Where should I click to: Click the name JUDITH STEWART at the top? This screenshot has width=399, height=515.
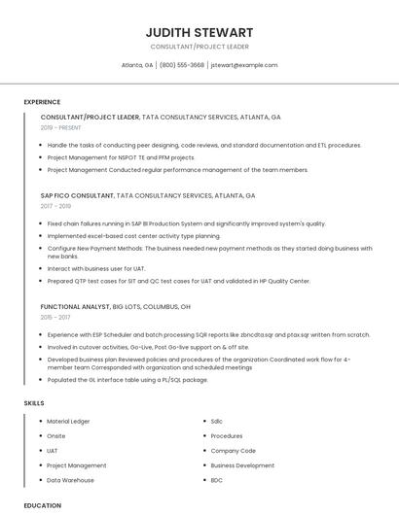coord(199,32)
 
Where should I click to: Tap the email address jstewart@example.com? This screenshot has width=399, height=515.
coord(244,65)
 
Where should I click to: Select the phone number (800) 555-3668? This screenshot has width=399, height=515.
coord(182,65)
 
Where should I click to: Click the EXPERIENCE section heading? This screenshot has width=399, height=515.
coord(42,102)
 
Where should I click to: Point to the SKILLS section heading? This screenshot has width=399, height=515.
coord(34,402)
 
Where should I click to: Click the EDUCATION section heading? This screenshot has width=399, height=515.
coord(43,505)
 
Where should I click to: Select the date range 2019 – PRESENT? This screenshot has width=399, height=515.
coord(61,127)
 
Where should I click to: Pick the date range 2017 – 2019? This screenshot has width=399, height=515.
coord(55,206)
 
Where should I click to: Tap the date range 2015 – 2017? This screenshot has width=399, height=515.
coord(55,317)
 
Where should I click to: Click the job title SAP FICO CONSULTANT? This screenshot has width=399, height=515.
coord(77,195)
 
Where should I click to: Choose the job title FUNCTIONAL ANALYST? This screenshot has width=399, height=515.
coord(75,306)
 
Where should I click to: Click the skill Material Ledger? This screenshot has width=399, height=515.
coord(68,421)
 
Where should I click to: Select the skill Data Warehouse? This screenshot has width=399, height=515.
coord(70,480)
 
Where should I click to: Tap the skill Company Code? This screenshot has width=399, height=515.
coord(233,451)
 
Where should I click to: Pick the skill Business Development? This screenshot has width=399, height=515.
coord(242,465)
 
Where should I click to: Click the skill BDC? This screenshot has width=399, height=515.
coord(216,480)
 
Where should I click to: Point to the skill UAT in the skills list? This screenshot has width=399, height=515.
coord(53,451)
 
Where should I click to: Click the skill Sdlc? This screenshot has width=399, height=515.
coord(216,421)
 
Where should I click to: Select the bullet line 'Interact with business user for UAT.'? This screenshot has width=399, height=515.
coord(96,268)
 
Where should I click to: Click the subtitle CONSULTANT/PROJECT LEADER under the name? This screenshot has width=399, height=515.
coord(199,47)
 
